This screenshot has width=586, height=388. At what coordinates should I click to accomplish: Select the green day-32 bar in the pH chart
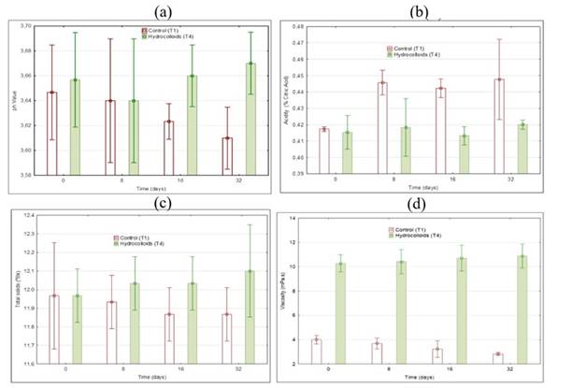coord(250,118)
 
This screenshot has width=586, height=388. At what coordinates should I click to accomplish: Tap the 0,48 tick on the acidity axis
coord(297,27)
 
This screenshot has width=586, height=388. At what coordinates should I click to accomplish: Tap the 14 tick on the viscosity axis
coord(299,218)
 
